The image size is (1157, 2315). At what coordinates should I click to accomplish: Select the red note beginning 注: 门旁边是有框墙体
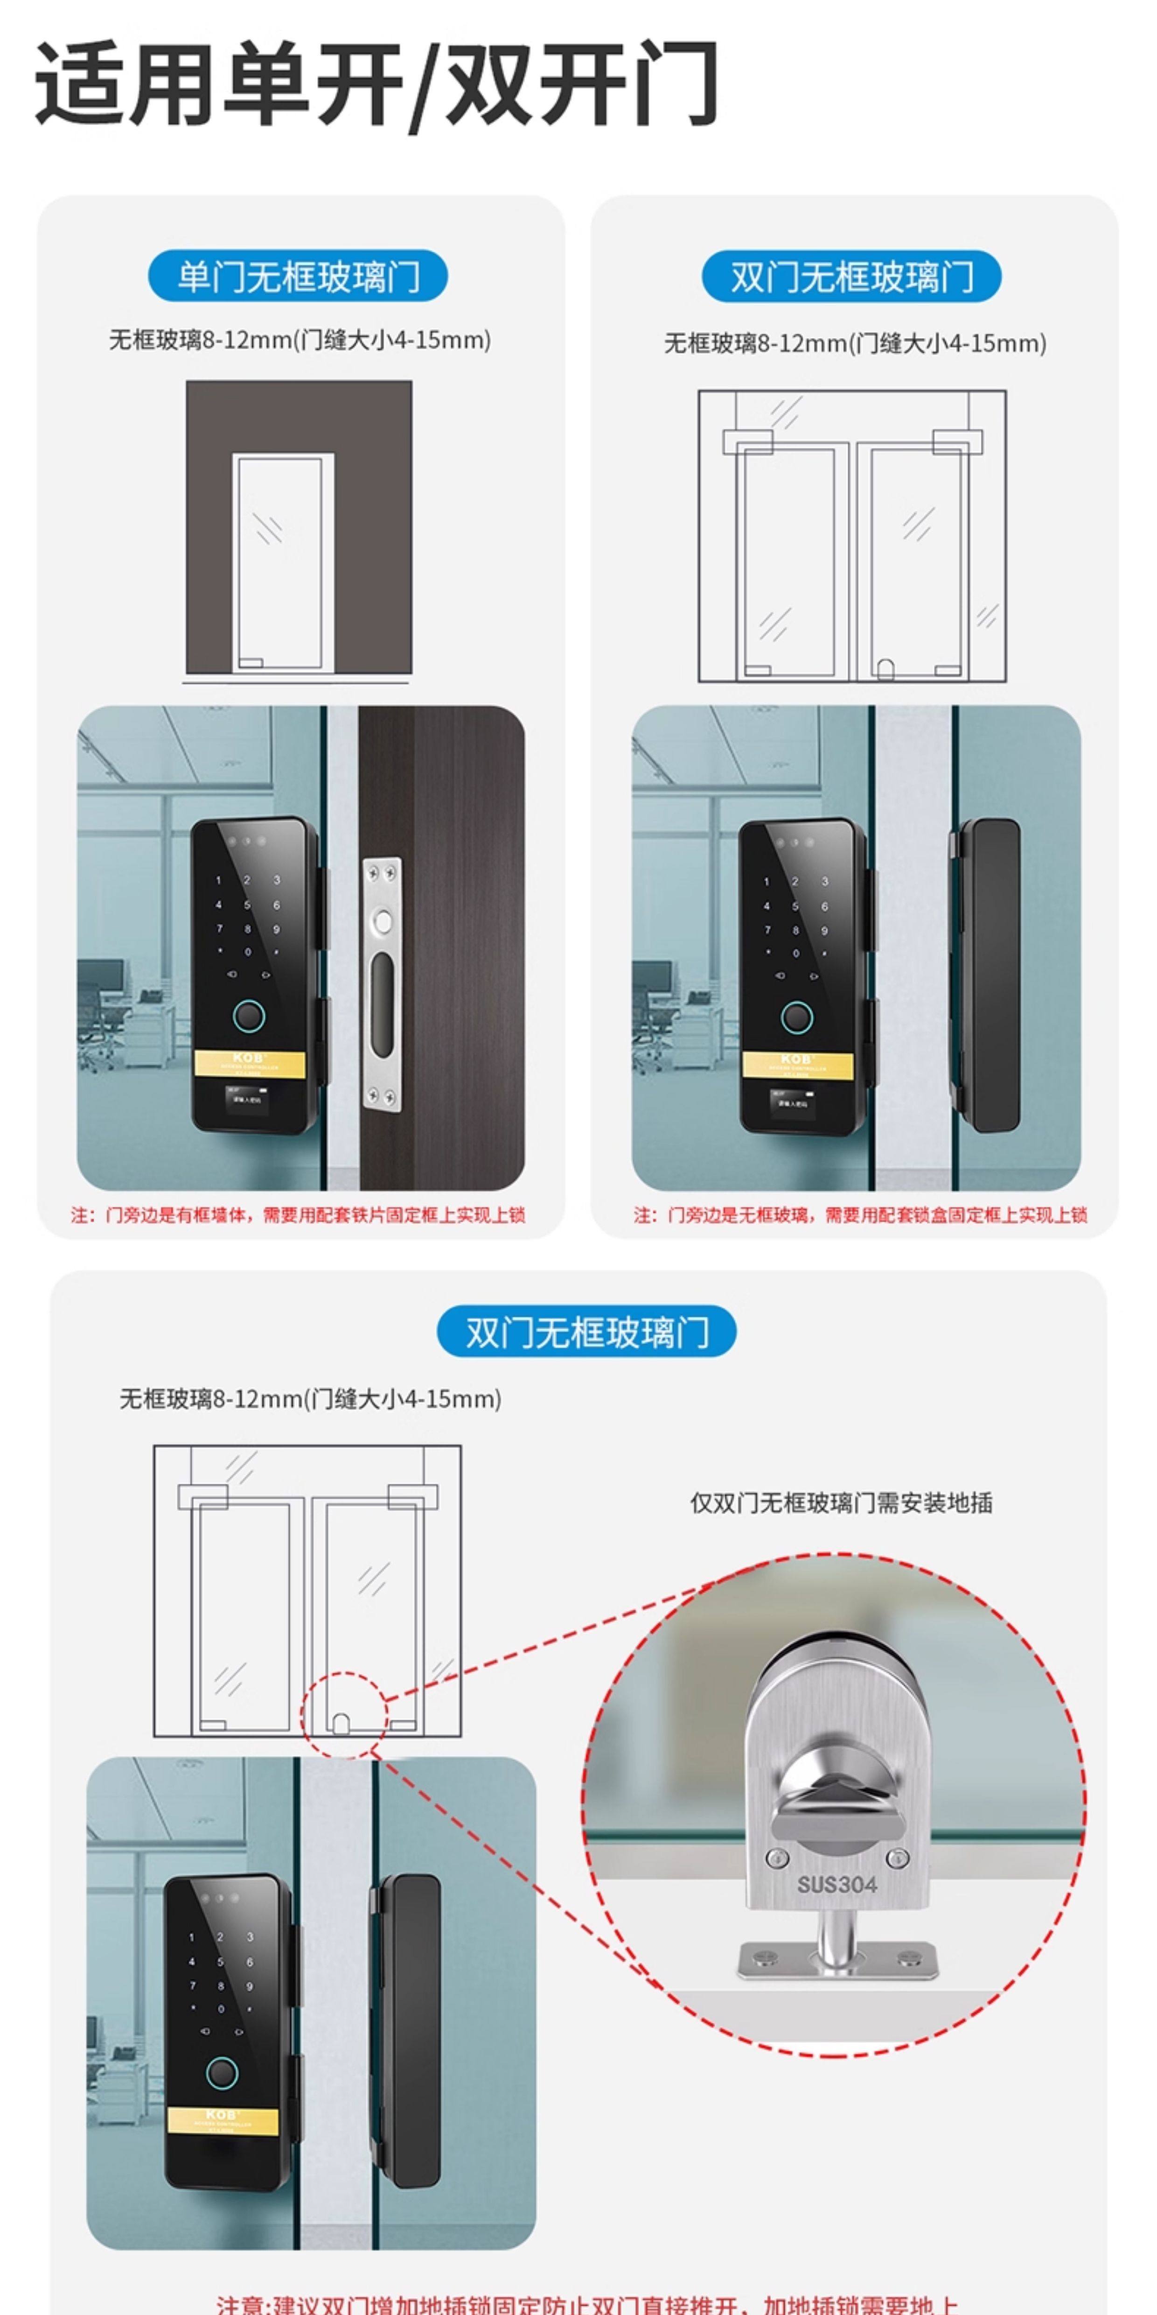click(298, 1215)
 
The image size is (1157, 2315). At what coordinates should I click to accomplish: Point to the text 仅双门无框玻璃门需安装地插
click(841, 1502)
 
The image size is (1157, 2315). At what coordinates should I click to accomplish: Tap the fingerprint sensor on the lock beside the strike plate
click(249, 1017)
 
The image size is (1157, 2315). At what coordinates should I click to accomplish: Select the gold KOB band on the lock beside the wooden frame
click(249, 1063)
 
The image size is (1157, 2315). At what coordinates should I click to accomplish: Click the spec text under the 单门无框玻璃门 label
click(300, 340)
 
